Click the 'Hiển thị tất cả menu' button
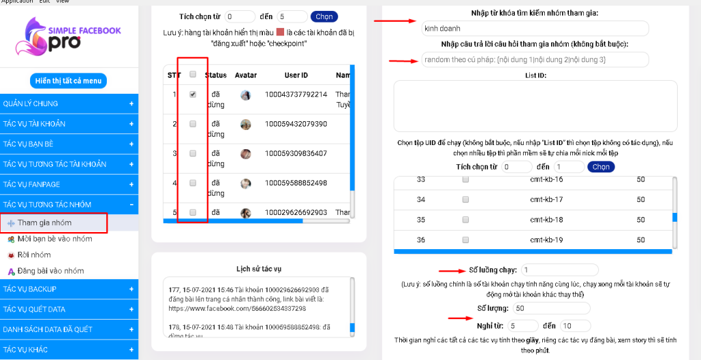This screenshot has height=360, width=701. (x=68, y=81)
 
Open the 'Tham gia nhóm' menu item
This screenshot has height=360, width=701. (x=44, y=222)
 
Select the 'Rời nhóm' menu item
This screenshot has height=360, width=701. (x=34, y=255)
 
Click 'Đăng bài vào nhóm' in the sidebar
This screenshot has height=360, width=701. (x=50, y=271)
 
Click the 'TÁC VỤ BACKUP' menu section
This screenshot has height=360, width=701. (x=68, y=289)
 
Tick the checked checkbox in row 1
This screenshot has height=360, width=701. (x=193, y=94)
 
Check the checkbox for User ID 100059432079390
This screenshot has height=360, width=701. (x=193, y=124)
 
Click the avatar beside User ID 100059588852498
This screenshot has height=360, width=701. (x=246, y=183)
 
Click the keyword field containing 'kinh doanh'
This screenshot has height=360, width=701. (x=535, y=29)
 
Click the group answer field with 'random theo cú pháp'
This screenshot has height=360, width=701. (x=535, y=60)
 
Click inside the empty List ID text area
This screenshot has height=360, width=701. (x=535, y=105)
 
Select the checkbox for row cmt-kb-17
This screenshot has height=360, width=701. (x=466, y=199)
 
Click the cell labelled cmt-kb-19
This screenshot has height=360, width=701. (x=546, y=240)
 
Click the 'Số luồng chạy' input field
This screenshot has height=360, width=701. (x=559, y=270)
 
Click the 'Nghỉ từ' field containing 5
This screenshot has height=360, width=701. (x=524, y=326)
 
